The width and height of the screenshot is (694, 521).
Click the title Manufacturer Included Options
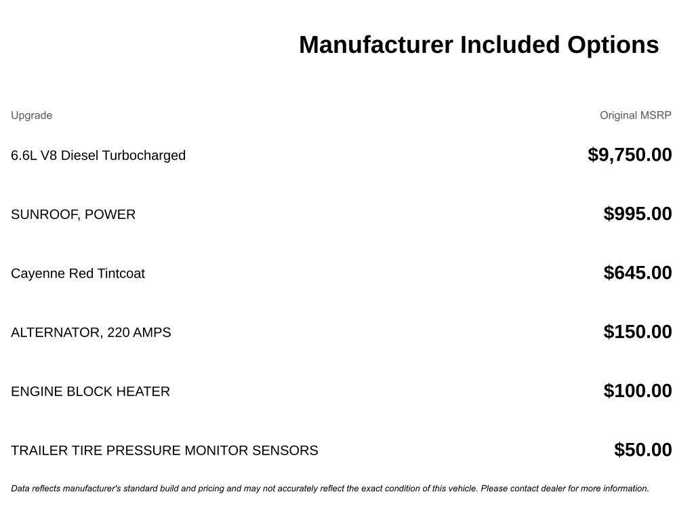pyautogui.click(x=478, y=45)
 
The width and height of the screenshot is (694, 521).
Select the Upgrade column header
pyautogui.click(x=31, y=115)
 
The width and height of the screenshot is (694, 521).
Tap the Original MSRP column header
pyautogui.click(x=635, y=115)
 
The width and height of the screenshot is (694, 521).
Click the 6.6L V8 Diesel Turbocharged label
pyautogui.click(x=98, y=155)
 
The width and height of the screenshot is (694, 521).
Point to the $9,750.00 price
pyautogui.click(x=630, y=155)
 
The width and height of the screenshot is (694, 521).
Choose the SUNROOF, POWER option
pyautogui.click(x=73, y=214)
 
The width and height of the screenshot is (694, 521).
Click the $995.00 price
pyautogui.click(x=638, y=214)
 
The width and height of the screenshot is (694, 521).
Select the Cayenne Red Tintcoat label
pyautogui.click(x=78, y=273)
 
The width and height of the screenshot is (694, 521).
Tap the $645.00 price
pyautogui.click(x=638, y=273)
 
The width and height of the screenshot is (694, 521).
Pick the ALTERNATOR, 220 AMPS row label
pyautogui.click(x=91, y=332)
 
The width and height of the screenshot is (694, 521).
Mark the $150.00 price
pyautogui.click(x=638, y=332)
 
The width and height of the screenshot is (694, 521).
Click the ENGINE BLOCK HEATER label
pyautogui.click(x=90, y=391)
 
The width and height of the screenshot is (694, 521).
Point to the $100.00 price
pyautogui.click(x=638, y=391)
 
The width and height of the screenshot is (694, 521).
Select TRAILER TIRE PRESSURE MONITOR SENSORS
pyautogui.click(x=164, y=450)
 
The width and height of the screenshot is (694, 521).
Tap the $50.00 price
pyautogui.click(x=642, y=450)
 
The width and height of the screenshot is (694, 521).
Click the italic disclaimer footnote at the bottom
pyautogui.click(x=330, y=488)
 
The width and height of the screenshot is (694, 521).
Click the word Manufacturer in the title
pyautogui.click(x=376, y=45)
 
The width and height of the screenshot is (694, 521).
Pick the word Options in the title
pyautogui.click(x=613, y=45)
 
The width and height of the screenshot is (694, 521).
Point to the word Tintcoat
pyautogui.click(x=121, y=273)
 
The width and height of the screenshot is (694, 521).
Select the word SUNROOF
pyautogui.click(x=44, y=214)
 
